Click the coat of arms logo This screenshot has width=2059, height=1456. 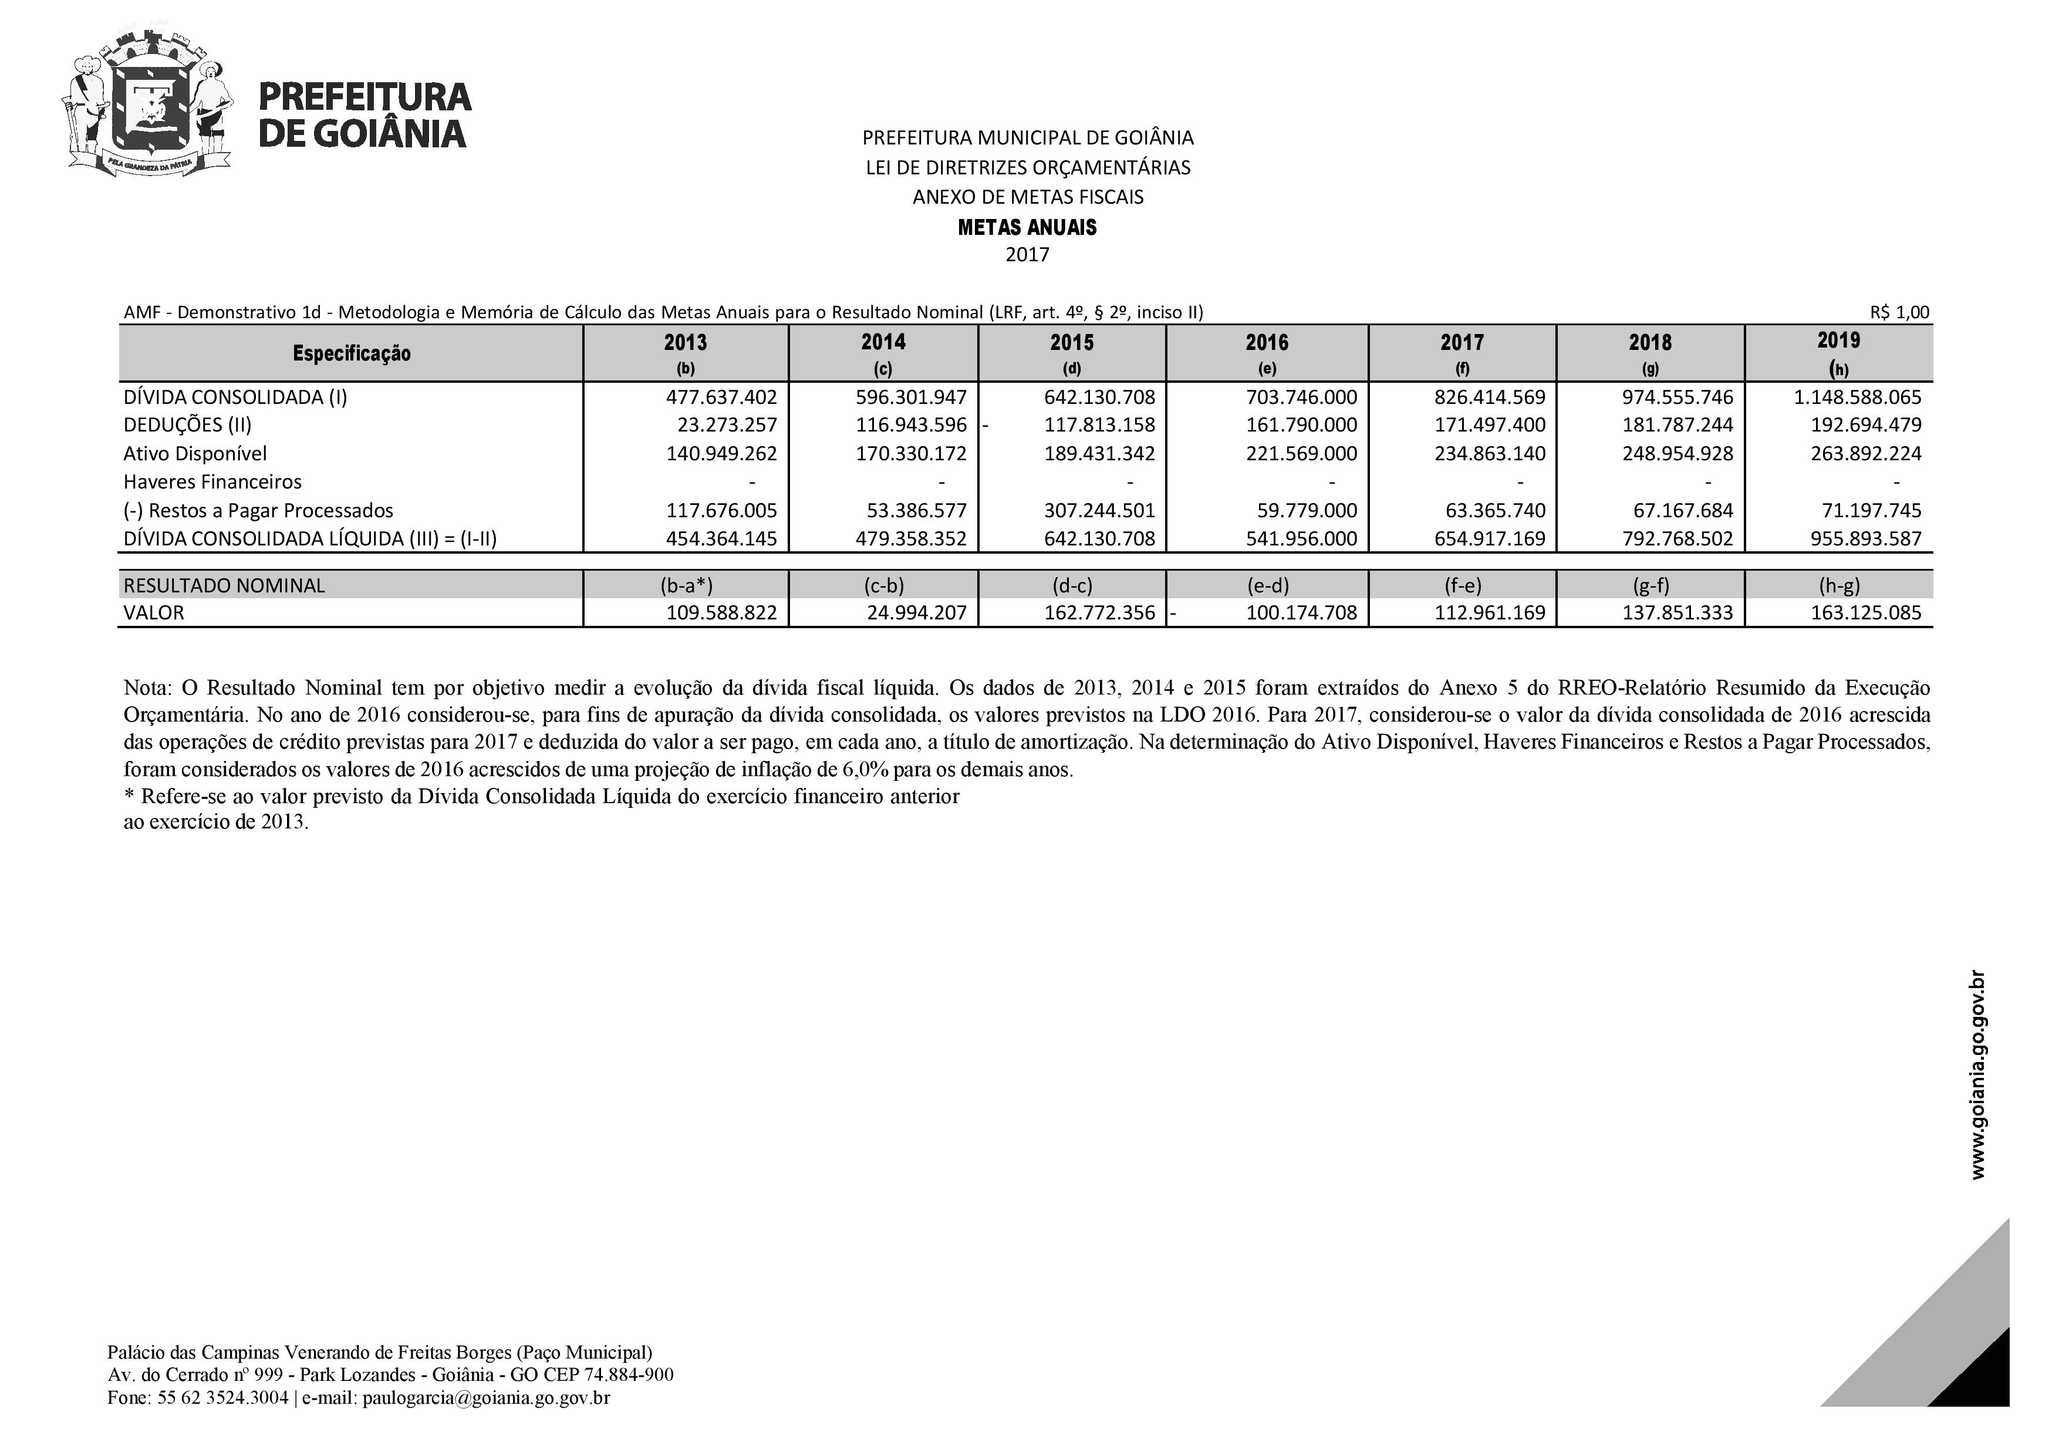(148, 103)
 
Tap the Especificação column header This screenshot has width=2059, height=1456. (352, 353)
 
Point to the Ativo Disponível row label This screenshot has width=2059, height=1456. (195, 454)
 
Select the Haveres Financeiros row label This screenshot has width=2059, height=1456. (212, 483)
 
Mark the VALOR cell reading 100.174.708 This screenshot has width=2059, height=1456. (1301, 614)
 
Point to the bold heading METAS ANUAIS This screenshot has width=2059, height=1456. (1027, 228)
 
